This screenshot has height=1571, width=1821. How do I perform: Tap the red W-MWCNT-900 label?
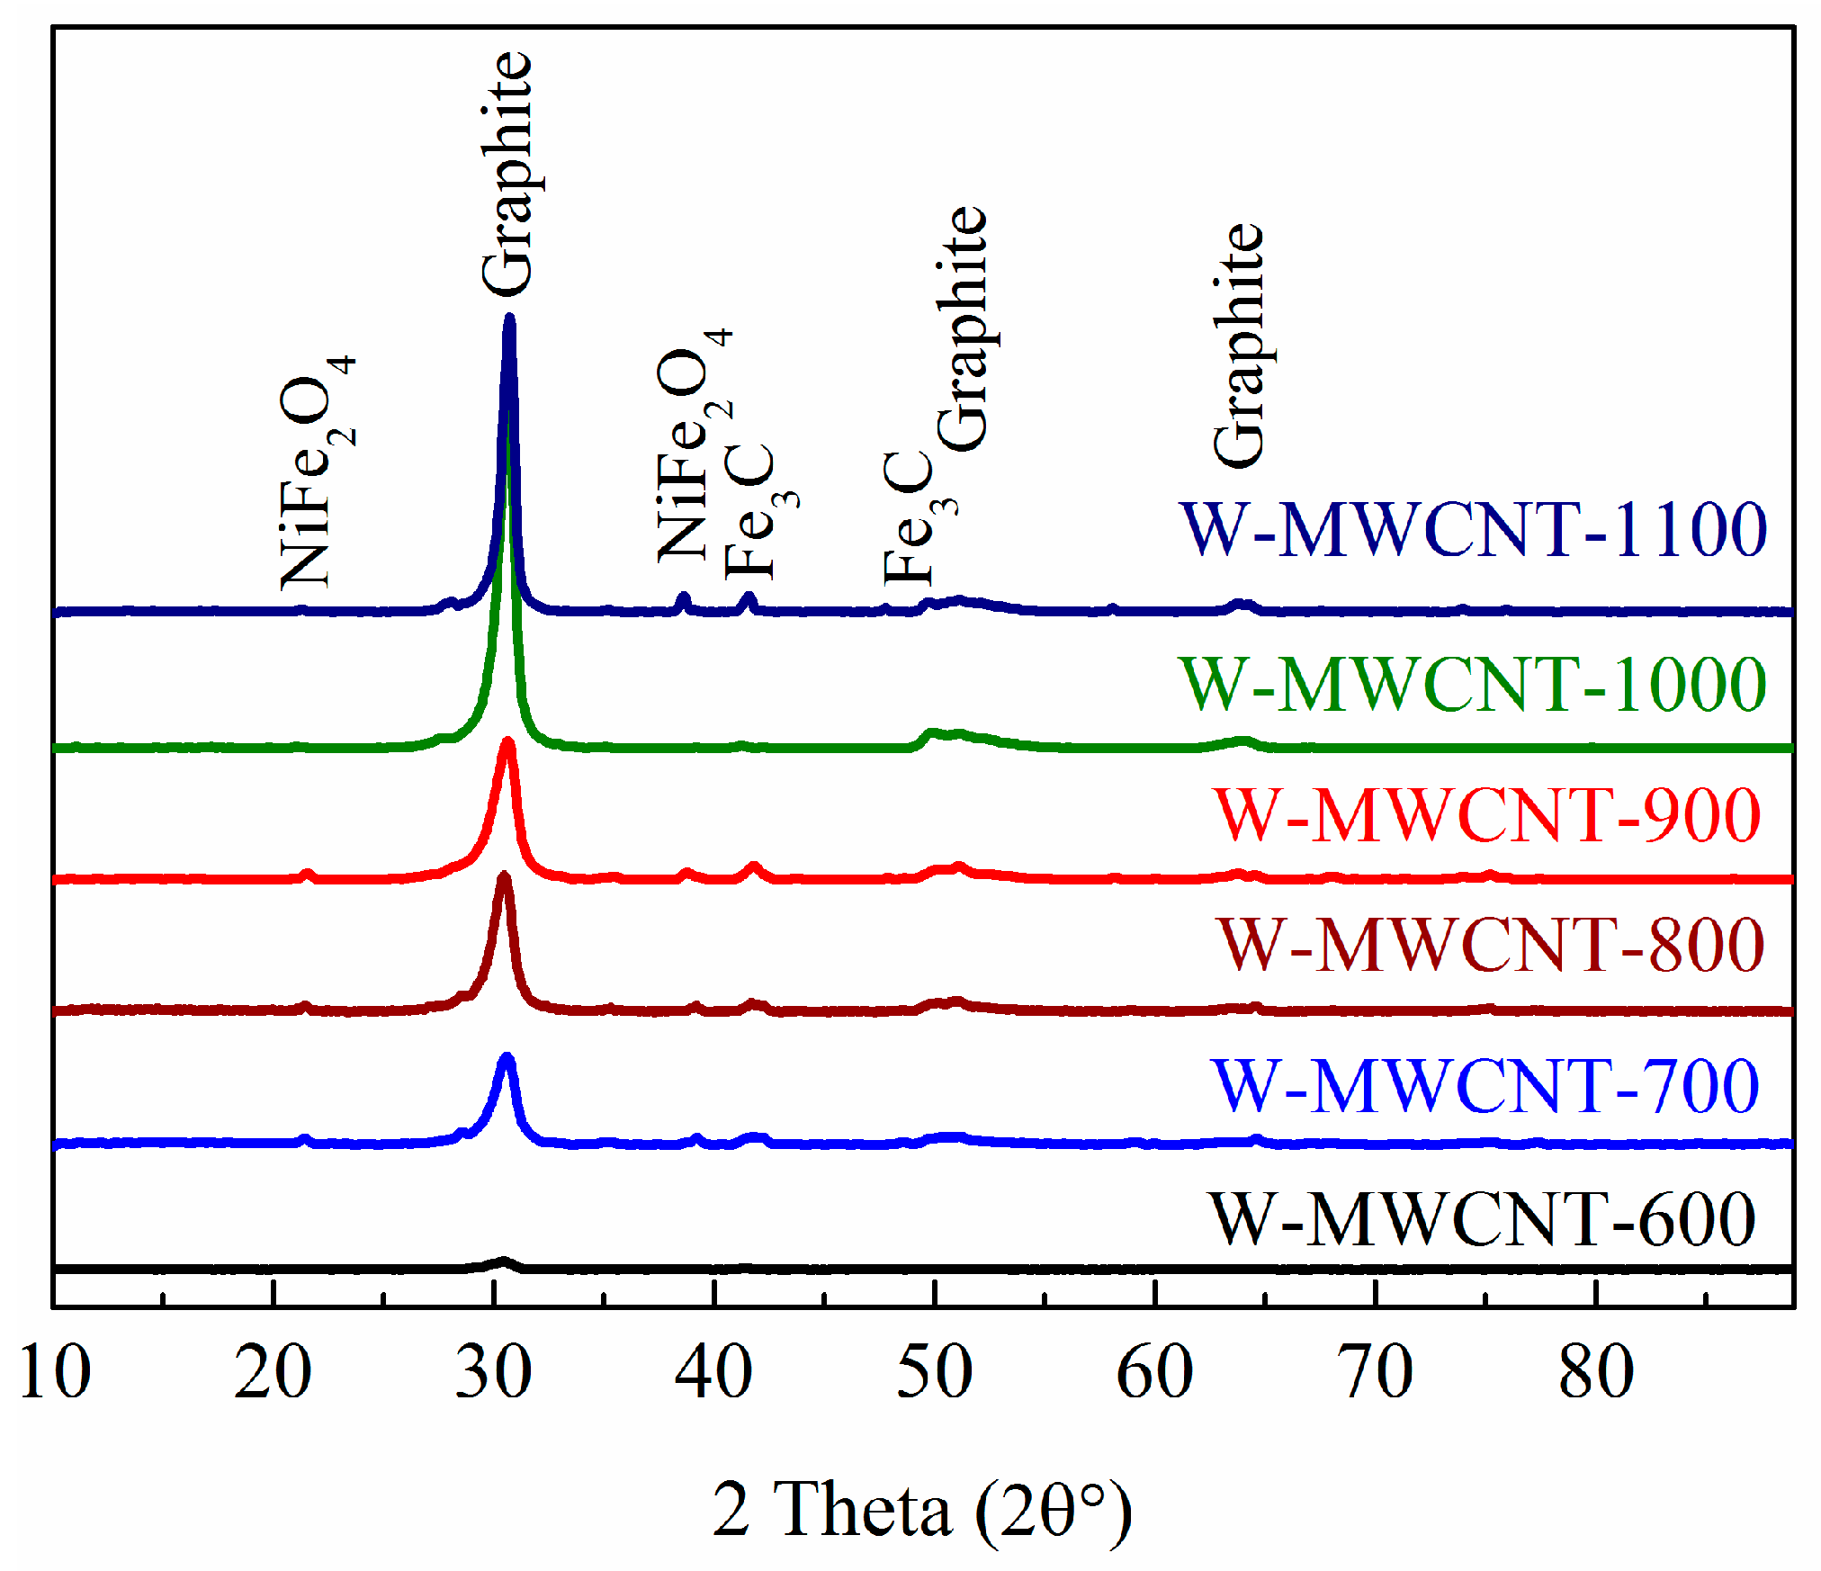pyautogui.click(x=1487, y=815)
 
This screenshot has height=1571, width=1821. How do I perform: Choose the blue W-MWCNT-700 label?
pyautogui.click(x=1485, y=1086)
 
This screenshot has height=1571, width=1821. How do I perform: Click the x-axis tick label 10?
pyautogui.click(x=55, y=1373)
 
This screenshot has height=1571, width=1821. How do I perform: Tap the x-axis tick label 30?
pyautogui.click(x=493, y=1373)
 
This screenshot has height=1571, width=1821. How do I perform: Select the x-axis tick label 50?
pyautogui.click(x=934, y=1373)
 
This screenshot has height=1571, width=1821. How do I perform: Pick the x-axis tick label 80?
pyautogui.click(x=1596, y=1373)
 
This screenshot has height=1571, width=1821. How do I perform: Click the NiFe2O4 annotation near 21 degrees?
pyautogui.click(x=315, y=472)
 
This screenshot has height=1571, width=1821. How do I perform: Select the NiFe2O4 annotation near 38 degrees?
pyautogui.click(x=693, y=445)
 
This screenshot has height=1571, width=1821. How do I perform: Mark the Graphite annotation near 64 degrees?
pyautogui.click(x=1240, y=346)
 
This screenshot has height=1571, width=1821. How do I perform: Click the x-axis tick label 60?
pyautogui.click(x=1154, y=1373)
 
